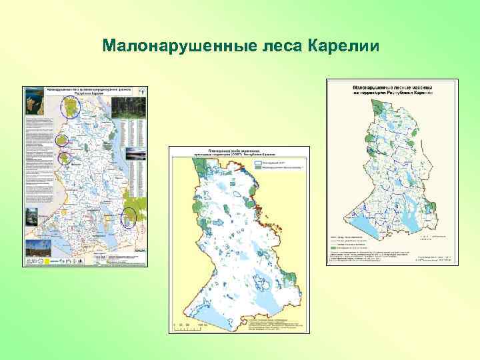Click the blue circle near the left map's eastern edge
(129, 217)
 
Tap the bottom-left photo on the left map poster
(33, 250)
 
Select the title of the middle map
(237, 152)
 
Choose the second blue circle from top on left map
(63, 140)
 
